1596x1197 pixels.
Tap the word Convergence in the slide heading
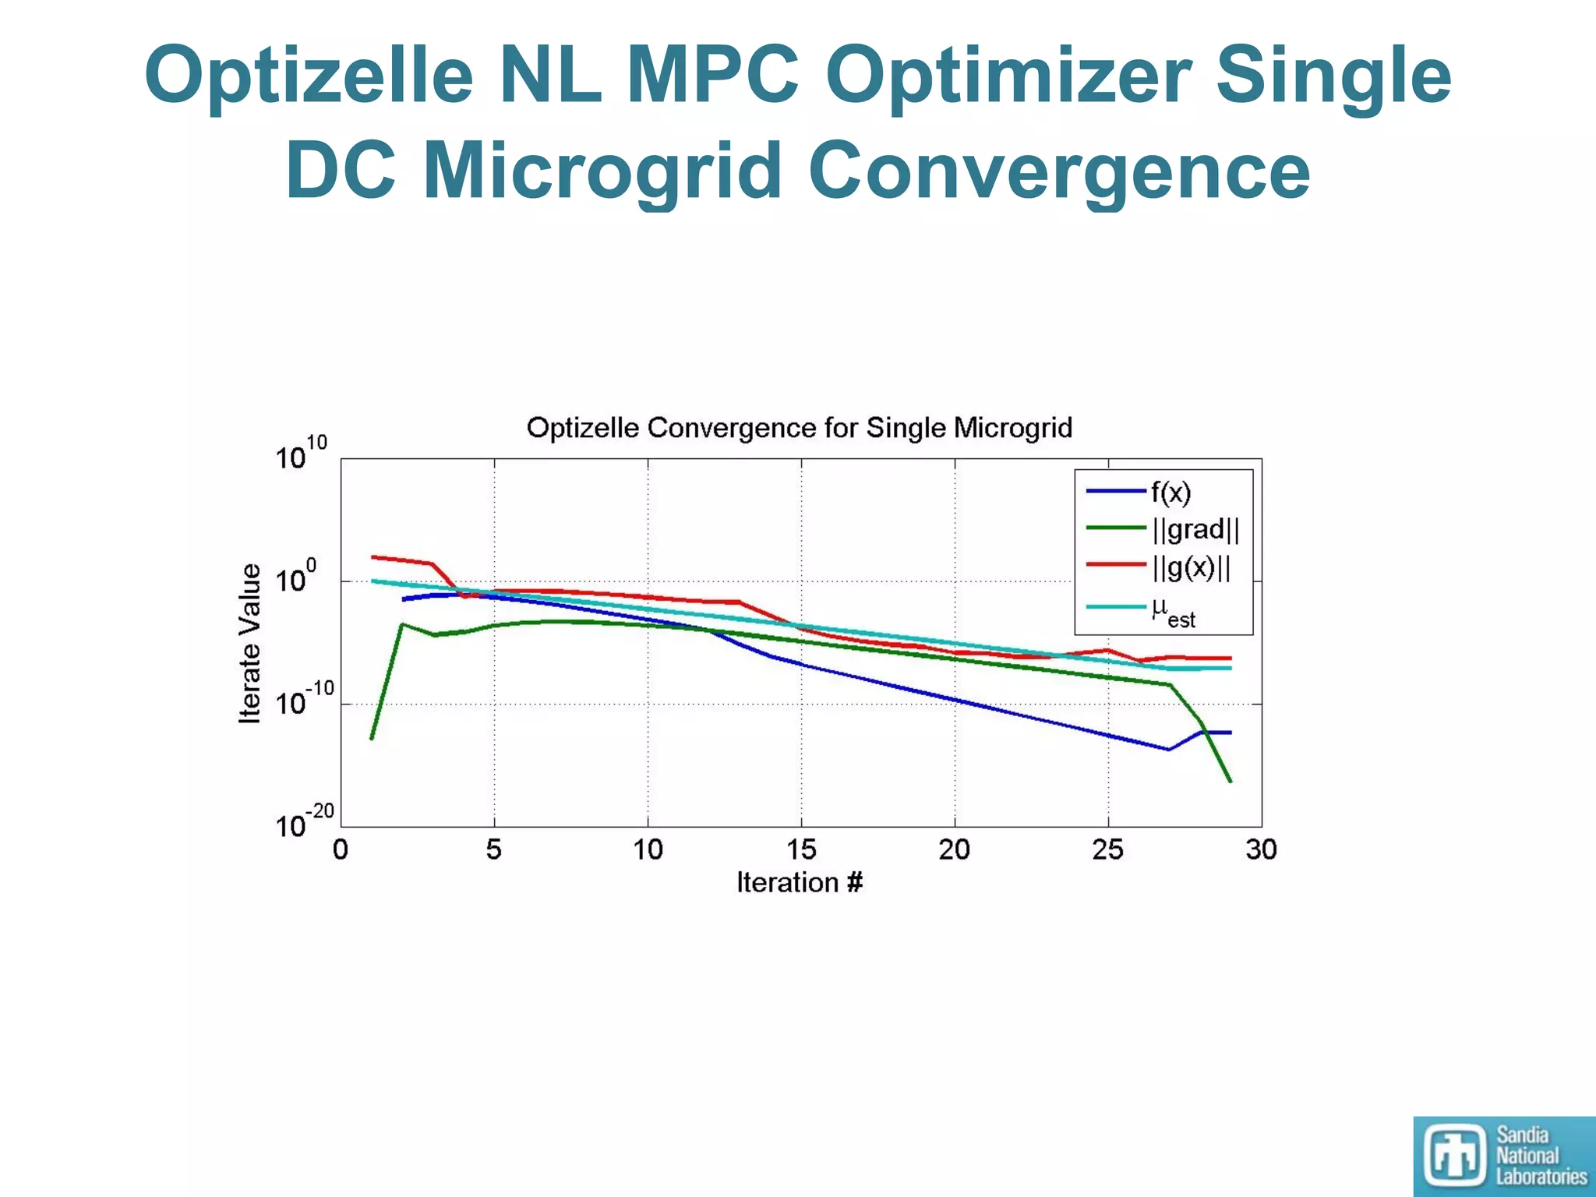pyautogui.click(x=1059, y=171)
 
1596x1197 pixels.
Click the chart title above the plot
pyautogui.click(x=799, y=428)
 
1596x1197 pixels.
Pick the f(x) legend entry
pyautogui.click(x=1171, y=492)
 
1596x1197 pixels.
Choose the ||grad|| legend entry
pyautogui.click(x=1195, y=529)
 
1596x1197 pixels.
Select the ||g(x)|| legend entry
pyautogui.click(x=1191, y=567)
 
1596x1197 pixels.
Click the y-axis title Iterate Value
pyautogui.click(x=249, y=644)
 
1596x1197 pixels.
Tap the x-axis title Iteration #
pyautogui.click(x=800, y=883)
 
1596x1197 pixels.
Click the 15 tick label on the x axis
pyautogui.click(x=800, y=849)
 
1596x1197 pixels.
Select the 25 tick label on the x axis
pyautogui.click(x=1107, y=849)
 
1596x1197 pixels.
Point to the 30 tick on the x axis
pyautogui.click(x=1261, y=849)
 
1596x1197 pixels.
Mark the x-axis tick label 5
pyautogui.click(x=493, y=849)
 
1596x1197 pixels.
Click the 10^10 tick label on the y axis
pyautogui.click(x=301, y=454)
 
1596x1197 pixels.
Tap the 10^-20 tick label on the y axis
pyautogui.click(x=304, y=823)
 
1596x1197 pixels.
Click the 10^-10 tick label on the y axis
pyautogui.click(x=304, y=700)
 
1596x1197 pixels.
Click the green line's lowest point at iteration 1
pyautogui.click(x=372, y=738)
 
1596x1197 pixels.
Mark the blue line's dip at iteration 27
pyautogui.click(x=1169, y=750)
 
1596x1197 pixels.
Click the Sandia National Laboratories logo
pyautogui.click(x=1503, y=1156)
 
